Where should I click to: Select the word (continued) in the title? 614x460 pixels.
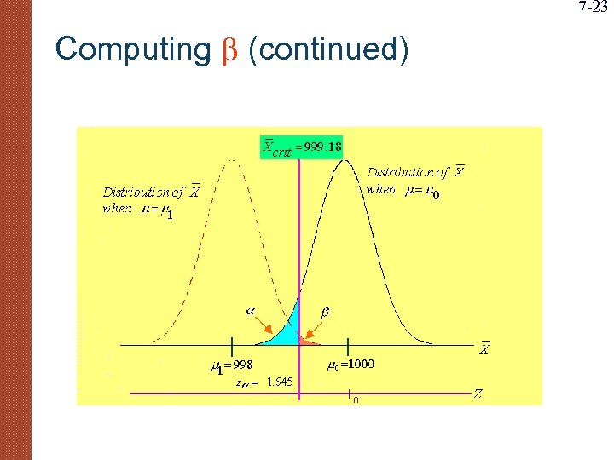328,49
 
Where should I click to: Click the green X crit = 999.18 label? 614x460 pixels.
302,147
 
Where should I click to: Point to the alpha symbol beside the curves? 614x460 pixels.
252,312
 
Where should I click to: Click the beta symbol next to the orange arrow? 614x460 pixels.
325,312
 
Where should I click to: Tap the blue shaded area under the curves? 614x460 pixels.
285,331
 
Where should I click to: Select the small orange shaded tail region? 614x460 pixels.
305,340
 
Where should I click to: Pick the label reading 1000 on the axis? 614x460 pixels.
359,364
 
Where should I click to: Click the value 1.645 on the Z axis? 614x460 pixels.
279,382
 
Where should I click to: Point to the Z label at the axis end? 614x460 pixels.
478,394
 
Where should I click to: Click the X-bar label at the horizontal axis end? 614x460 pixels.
484,348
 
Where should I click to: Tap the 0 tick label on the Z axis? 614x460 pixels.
355,400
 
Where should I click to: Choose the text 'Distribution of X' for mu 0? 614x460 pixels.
415,171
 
